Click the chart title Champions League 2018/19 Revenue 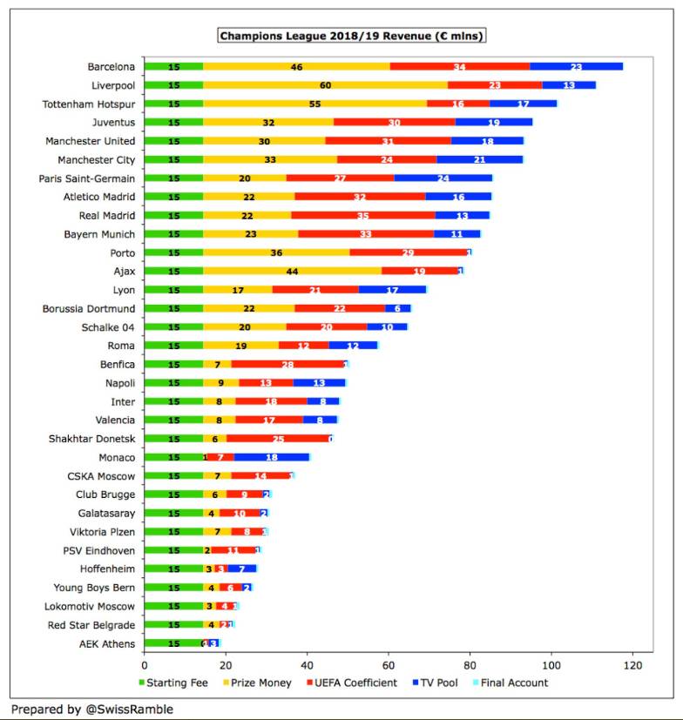tap(352, 36)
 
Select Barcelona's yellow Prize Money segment tap(297, 66)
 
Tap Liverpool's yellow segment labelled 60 tap(326, 85)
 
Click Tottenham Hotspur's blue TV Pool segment tap(523, 104)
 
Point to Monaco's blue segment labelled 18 tap(272, 457)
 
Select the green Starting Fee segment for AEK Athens tap(173, 643)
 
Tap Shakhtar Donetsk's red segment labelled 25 tap(278, 439)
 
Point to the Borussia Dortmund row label tap(89, 308)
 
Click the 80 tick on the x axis tap(470, 665)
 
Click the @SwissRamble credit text tap(129, 709)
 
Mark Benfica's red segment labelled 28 tap(287, 364)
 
